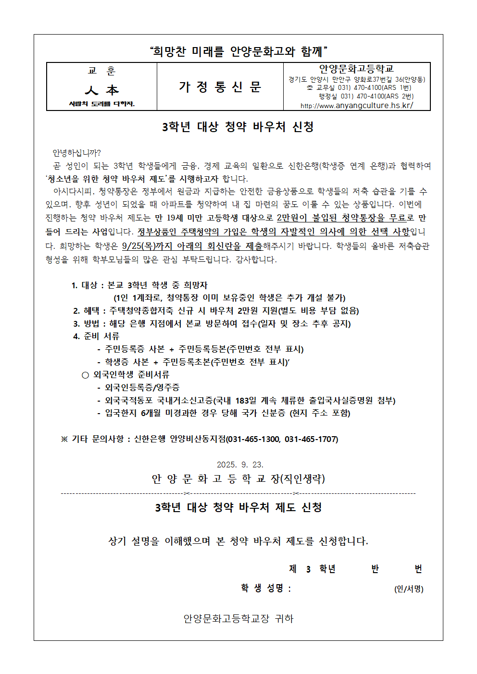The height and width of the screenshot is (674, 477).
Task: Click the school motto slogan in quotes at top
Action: [x=238, y=51]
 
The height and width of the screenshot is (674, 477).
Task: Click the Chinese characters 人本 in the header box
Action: [x=101, y=90]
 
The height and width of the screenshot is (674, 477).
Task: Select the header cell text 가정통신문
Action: [x=220, y=87]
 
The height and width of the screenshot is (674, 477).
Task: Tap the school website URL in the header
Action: [x=356, y=106]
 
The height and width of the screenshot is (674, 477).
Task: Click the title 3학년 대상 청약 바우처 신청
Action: [x=238, y=127]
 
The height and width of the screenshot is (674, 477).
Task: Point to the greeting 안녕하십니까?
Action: [x=76, y=153]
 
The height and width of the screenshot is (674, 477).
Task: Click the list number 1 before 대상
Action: [x=74, y=285]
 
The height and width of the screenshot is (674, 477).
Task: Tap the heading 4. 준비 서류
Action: [x=96, y=336]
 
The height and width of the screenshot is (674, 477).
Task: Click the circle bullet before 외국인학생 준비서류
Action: [x=85, y=375]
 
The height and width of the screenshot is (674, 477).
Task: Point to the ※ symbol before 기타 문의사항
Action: [x=64, y=439]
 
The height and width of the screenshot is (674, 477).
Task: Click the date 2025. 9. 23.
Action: [x=240, y=465]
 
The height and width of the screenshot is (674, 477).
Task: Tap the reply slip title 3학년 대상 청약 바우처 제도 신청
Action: [x=238, y=507]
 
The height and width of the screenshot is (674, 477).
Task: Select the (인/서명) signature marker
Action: [x=409, y=589]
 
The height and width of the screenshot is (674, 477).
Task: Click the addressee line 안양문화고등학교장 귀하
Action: [x=238, y=619]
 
